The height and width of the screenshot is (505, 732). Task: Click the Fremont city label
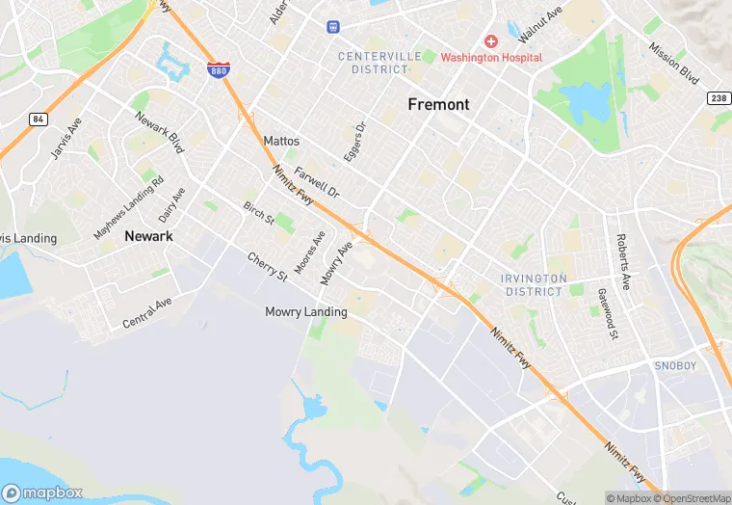click(438, 104)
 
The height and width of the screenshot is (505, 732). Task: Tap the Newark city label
click(148, 235)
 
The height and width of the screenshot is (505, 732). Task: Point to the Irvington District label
click(532, 284)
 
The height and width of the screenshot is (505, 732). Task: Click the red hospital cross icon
click(491, 41)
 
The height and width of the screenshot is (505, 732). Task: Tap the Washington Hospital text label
click(491, 58)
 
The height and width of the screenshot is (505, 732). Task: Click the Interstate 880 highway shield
click(218, 70)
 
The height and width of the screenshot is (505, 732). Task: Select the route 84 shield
click(38, 119)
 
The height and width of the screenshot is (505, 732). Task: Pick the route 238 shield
click(718, 98)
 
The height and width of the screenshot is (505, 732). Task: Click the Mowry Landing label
click(306, 312)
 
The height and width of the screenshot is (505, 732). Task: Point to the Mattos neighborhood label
click(281, 141)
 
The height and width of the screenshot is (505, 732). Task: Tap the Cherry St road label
click(267, 267)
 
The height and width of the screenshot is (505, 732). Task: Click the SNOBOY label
click(675, 366)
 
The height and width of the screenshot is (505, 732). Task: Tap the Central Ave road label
click(146, 313)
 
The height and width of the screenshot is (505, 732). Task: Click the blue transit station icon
click(333, 27)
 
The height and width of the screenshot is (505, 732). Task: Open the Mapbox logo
click(41, 493)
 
